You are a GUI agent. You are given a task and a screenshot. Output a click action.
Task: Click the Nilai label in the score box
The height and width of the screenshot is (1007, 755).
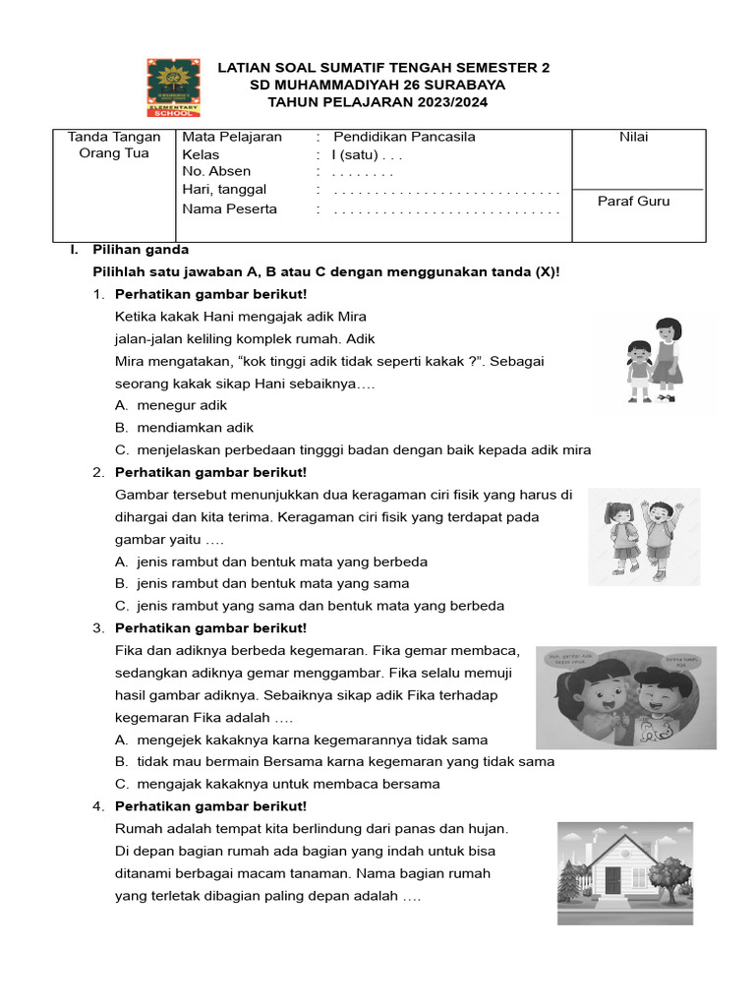(x=633, y=137)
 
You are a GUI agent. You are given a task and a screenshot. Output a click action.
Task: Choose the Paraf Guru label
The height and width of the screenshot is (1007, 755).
(x=633, y=201)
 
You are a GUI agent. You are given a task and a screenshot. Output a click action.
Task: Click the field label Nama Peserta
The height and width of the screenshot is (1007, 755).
(x=229, y=208)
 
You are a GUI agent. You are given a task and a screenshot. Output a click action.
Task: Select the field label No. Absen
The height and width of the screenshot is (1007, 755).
(x=216, y=171)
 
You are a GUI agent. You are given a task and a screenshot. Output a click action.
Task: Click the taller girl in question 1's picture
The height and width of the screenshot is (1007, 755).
(x=668, y=356)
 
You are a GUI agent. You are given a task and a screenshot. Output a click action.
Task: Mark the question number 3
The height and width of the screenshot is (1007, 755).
(x=98, y=627)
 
